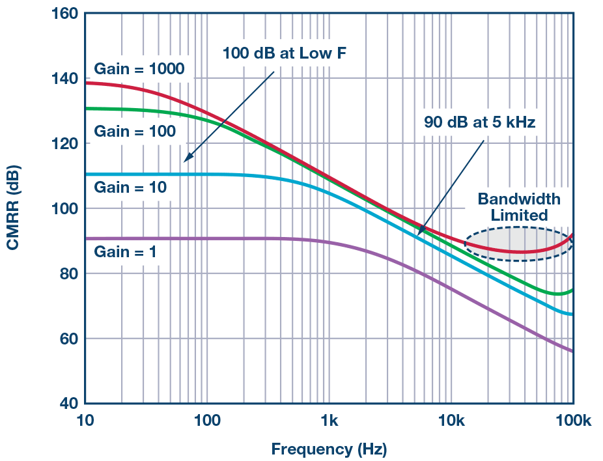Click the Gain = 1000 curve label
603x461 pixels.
(x=139, y=68)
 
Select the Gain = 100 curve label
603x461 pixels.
(x=135, y=132)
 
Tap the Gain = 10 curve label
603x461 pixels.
(x=130, y=188)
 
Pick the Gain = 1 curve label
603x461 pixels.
(x=126, y=251)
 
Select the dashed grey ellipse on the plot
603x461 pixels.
(x=519, y=244)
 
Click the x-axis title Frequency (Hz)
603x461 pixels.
(x=328, y=449)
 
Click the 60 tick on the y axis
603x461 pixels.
(x=68, y=339)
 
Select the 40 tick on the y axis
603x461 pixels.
(x=68, y=404)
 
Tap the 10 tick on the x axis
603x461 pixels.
(x=85, y=420)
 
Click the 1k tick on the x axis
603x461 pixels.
(x=329, y=420)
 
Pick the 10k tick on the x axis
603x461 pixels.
(x=451, y=420)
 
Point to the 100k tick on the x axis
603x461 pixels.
(x=572, y=420)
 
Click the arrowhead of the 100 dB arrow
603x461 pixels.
(x=186, y=159)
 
